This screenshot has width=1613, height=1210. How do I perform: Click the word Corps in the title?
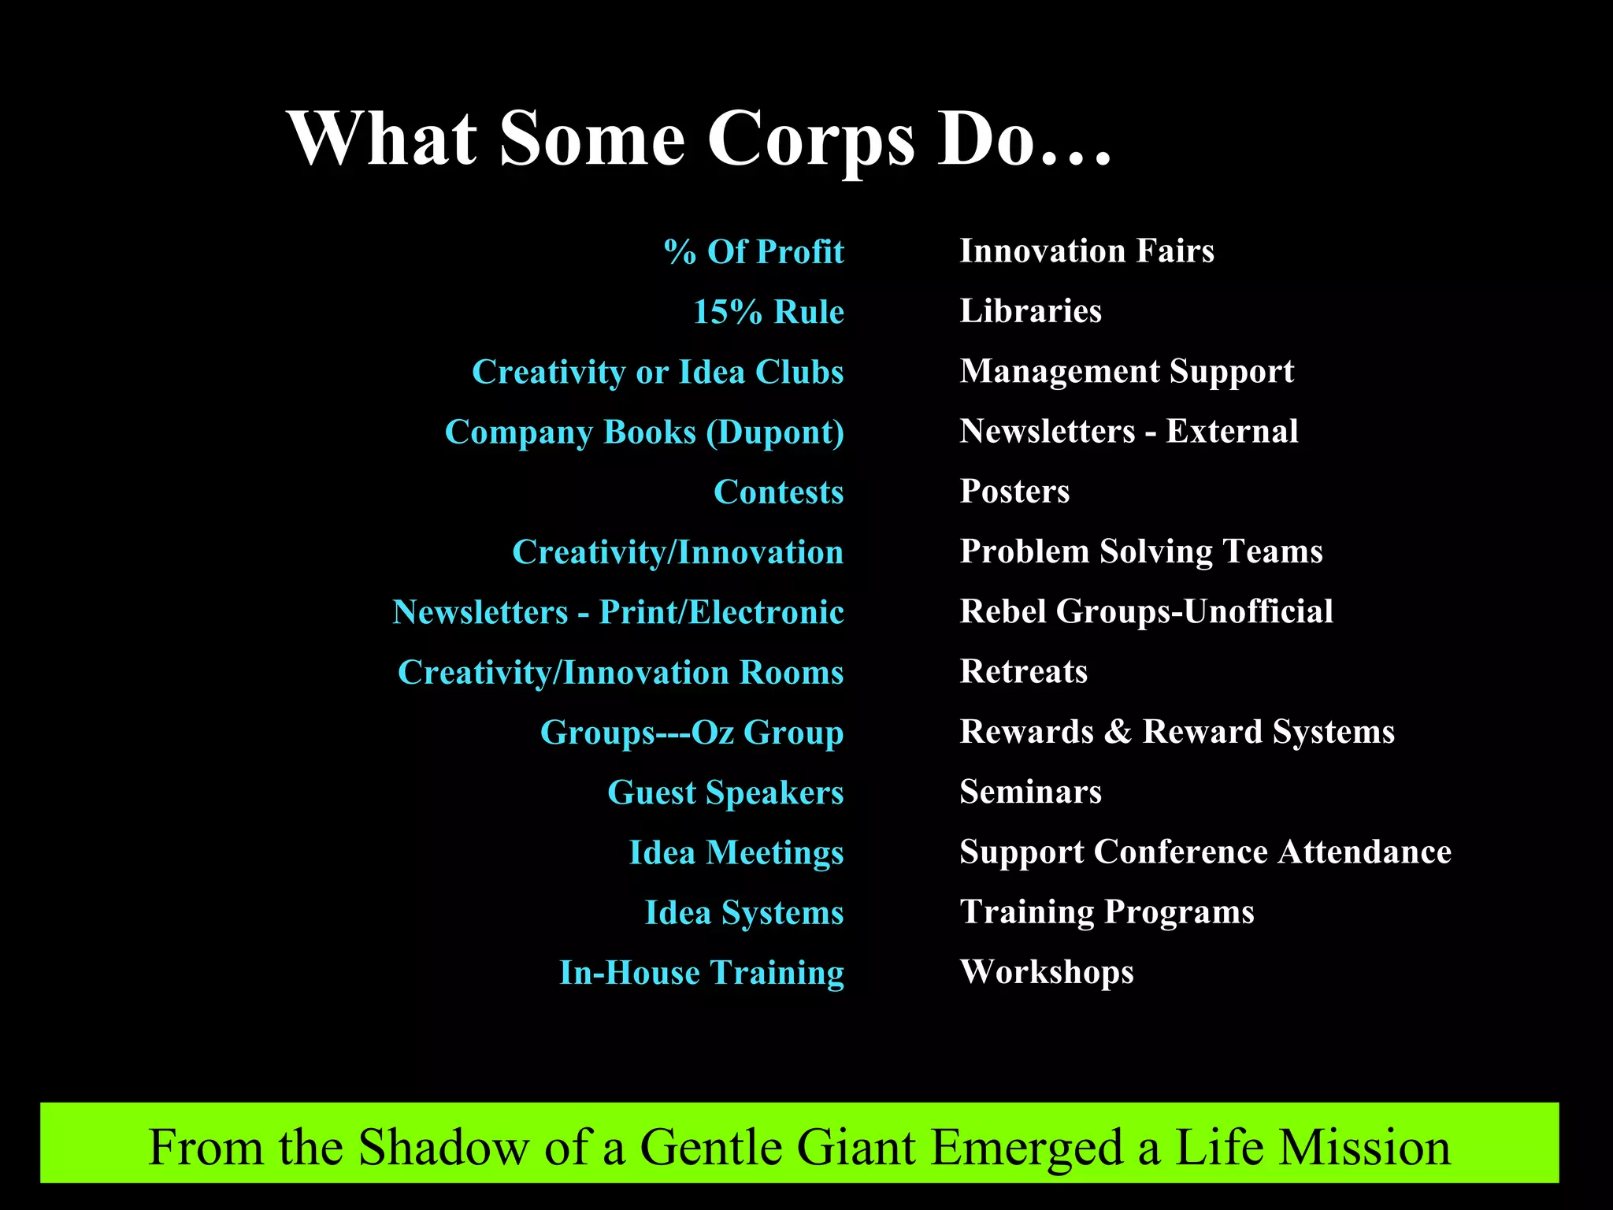pyautogui.click(x=810, y=140)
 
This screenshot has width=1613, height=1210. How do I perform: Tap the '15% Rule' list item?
pyautogui.click(x=768, y=312)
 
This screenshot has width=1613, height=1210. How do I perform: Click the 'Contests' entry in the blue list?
pyautogui.click(x=778, y=492)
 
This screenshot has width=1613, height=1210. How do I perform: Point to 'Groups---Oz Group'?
pyautogui.click(x=692, y=733)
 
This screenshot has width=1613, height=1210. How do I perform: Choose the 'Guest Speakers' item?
pyautogui.click(x=725, y=792)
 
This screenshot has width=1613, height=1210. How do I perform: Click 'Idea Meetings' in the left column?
pyautogui.click(x=736, y=852)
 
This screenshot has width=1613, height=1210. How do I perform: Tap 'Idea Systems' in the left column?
pyautogui.click(x=743, y=913)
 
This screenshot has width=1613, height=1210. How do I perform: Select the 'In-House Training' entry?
pyautogui.click(x=701, y=973)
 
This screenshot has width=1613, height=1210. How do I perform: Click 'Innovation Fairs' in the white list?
pyautogui.click(x=1086, y=251)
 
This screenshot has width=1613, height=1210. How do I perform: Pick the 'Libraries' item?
pyautogui.click(x=1030, y=311)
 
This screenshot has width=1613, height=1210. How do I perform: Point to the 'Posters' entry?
pyautogui.click(x=1014, y=492)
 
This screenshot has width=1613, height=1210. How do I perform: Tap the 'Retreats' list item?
pyautogui.click(x=1023, y=672)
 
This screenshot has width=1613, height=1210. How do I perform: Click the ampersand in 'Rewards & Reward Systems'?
pyautogui.click(x=1118, y=732)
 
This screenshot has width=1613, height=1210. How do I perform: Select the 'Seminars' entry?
pyautogui.click(x=1030, y=792)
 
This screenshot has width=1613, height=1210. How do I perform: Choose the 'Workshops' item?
pyautogui.click(x=1047, y=972)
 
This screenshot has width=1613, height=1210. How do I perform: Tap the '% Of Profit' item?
pyautogui.click(x=754, y=252)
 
